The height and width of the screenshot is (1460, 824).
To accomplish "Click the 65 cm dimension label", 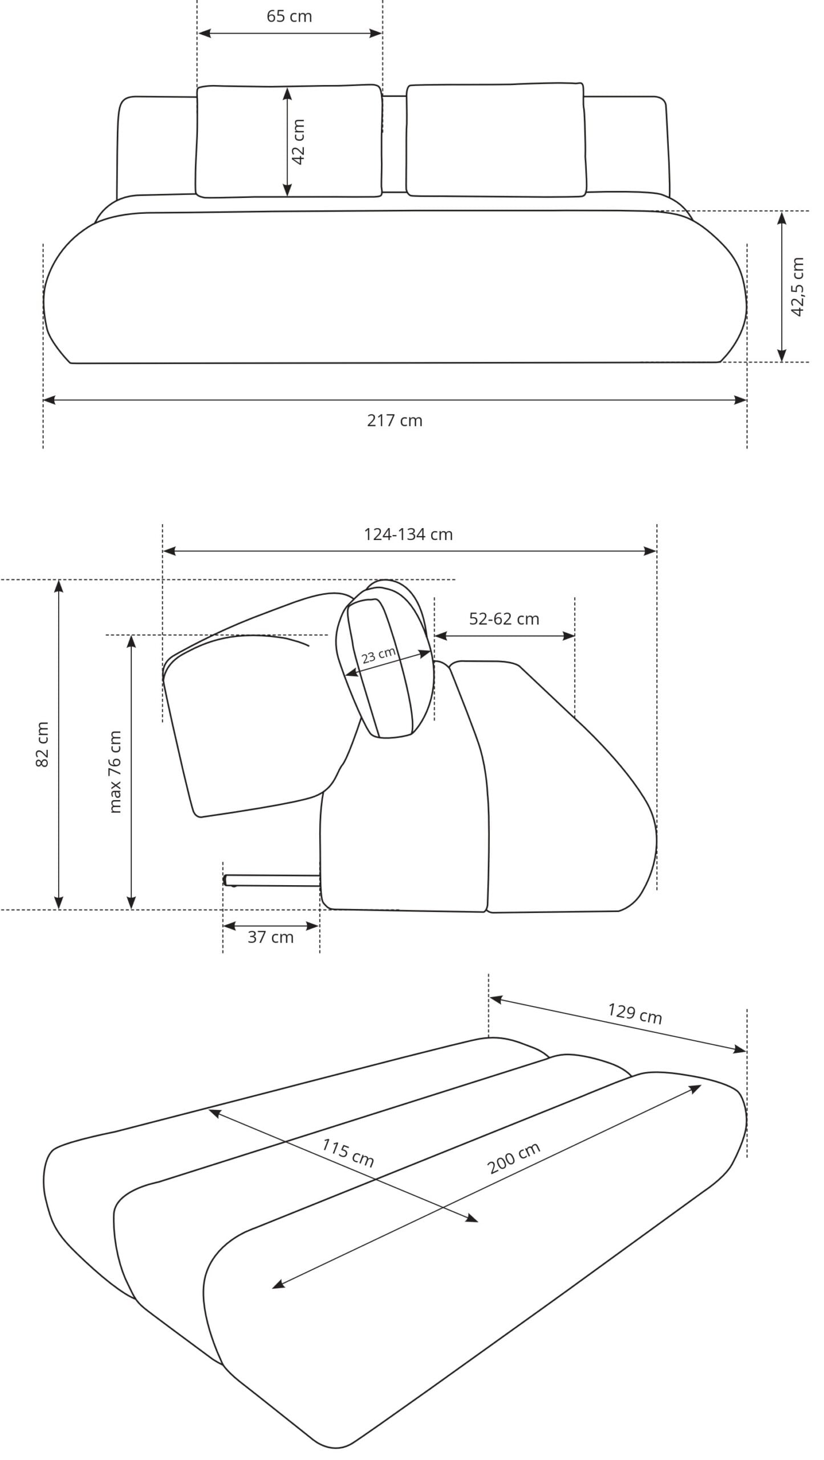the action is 289,16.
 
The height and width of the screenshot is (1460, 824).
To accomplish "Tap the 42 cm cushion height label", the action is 298,142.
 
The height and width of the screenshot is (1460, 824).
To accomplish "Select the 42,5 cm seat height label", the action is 797,286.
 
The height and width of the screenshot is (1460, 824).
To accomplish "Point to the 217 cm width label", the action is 395,420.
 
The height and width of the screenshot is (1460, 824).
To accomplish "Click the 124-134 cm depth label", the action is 408,534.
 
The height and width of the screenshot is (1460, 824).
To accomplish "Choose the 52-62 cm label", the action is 504,619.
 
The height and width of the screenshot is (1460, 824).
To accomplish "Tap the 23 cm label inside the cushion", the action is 379,655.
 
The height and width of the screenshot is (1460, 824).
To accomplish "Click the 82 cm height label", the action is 42,744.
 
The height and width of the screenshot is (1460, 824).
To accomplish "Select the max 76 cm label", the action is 115,772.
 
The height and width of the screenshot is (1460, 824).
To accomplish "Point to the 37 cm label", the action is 270,937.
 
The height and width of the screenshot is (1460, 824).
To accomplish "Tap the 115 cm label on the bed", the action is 348,1152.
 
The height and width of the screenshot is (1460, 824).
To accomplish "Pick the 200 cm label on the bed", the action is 514,1158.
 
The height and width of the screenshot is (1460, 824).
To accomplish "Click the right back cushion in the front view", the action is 496,140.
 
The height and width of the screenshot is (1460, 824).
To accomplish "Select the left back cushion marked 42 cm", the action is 289,141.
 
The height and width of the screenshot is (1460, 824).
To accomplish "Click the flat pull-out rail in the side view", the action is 272,881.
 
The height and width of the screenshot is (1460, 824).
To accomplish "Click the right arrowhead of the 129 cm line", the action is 740,1049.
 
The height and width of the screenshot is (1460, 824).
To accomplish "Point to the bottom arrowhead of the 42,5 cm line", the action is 782,355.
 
